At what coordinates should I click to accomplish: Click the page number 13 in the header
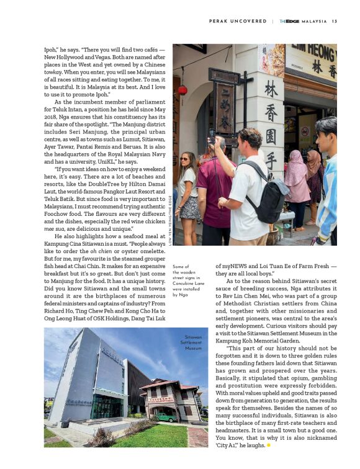[334, 21]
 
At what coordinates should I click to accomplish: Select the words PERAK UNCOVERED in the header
[238, 21]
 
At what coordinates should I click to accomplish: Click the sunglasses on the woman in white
[186, 159]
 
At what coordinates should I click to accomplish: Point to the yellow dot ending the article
[269, 445]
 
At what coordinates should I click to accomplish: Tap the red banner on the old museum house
[161, 400]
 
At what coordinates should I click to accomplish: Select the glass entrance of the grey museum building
[107, 406]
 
